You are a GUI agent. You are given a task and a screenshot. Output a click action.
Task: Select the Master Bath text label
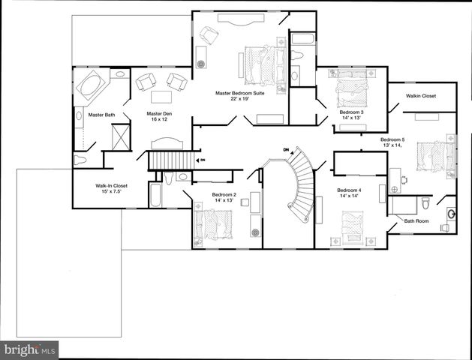pyautogui.click(x=101, y=115)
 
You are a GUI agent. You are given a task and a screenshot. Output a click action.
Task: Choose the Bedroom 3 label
pyautogui.click(x=351, y=112)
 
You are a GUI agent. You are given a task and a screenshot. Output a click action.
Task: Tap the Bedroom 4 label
pyautogui.click(x=349, y=190)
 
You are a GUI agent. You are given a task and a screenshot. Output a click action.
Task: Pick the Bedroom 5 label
pyautogui.click(x=392, y=139)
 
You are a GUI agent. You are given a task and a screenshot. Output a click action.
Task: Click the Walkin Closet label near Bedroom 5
pyautogui.click(x=420, y=96)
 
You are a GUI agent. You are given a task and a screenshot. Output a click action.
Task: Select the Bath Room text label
pyautogui.click(x=416, y=221)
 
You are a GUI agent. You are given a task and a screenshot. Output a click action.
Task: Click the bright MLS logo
pyautogui.click(x=29, y=349)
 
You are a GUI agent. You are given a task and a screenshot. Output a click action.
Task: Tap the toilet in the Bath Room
pyautogui.click(x=425, y=202)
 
